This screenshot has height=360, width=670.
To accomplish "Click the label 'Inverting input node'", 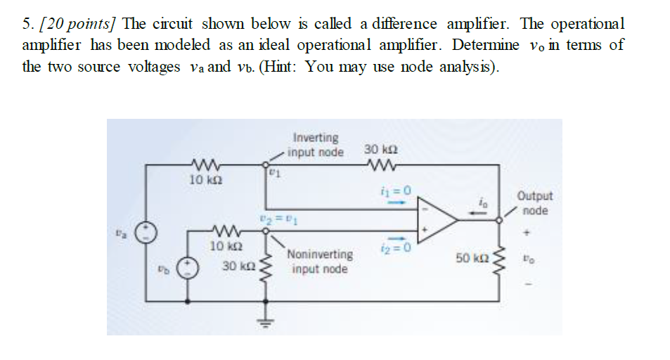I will pos(317,145).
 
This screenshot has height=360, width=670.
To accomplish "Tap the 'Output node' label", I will pos(535,203).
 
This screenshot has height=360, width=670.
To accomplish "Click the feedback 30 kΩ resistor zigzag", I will pos(382,167).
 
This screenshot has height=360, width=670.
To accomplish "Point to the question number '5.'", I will pos(28,24).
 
